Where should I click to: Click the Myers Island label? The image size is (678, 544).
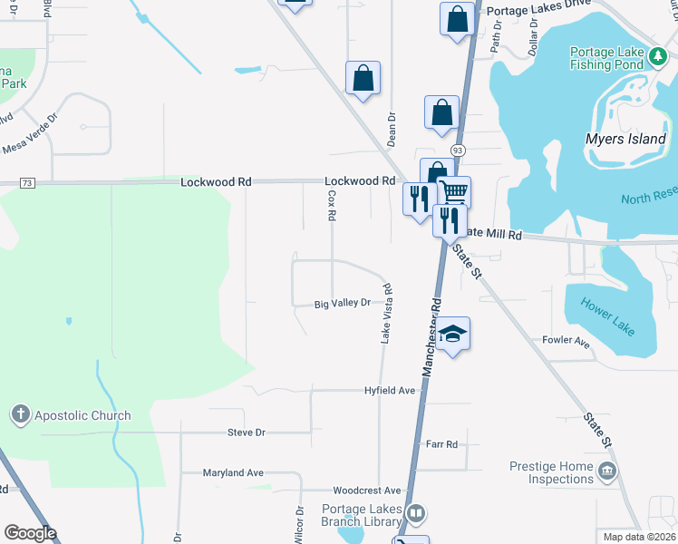[626, 140]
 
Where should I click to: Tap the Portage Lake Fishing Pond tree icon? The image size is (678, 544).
[658, 59]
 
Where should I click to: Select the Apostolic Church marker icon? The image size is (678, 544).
[19, 415]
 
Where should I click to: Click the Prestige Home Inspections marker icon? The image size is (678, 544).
[606, 471]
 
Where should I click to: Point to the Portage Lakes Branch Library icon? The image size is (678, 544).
[415, 514]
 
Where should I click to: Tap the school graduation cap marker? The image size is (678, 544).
[452, 335]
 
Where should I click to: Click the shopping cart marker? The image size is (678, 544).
[453, 191]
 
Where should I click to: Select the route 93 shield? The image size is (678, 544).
[458, 151]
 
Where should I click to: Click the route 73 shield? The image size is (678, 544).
[26, 183]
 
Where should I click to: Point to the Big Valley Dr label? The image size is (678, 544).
[343, 303]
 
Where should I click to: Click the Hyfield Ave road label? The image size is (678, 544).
[389, 390]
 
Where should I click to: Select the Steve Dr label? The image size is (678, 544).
[246, 432]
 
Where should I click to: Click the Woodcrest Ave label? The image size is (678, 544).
[366, 490]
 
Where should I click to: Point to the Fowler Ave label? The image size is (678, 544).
[566, 341]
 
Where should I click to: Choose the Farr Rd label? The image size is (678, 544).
[441, 444]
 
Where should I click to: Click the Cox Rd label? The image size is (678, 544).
[332, 205]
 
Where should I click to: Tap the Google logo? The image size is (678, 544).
[30, 533]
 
